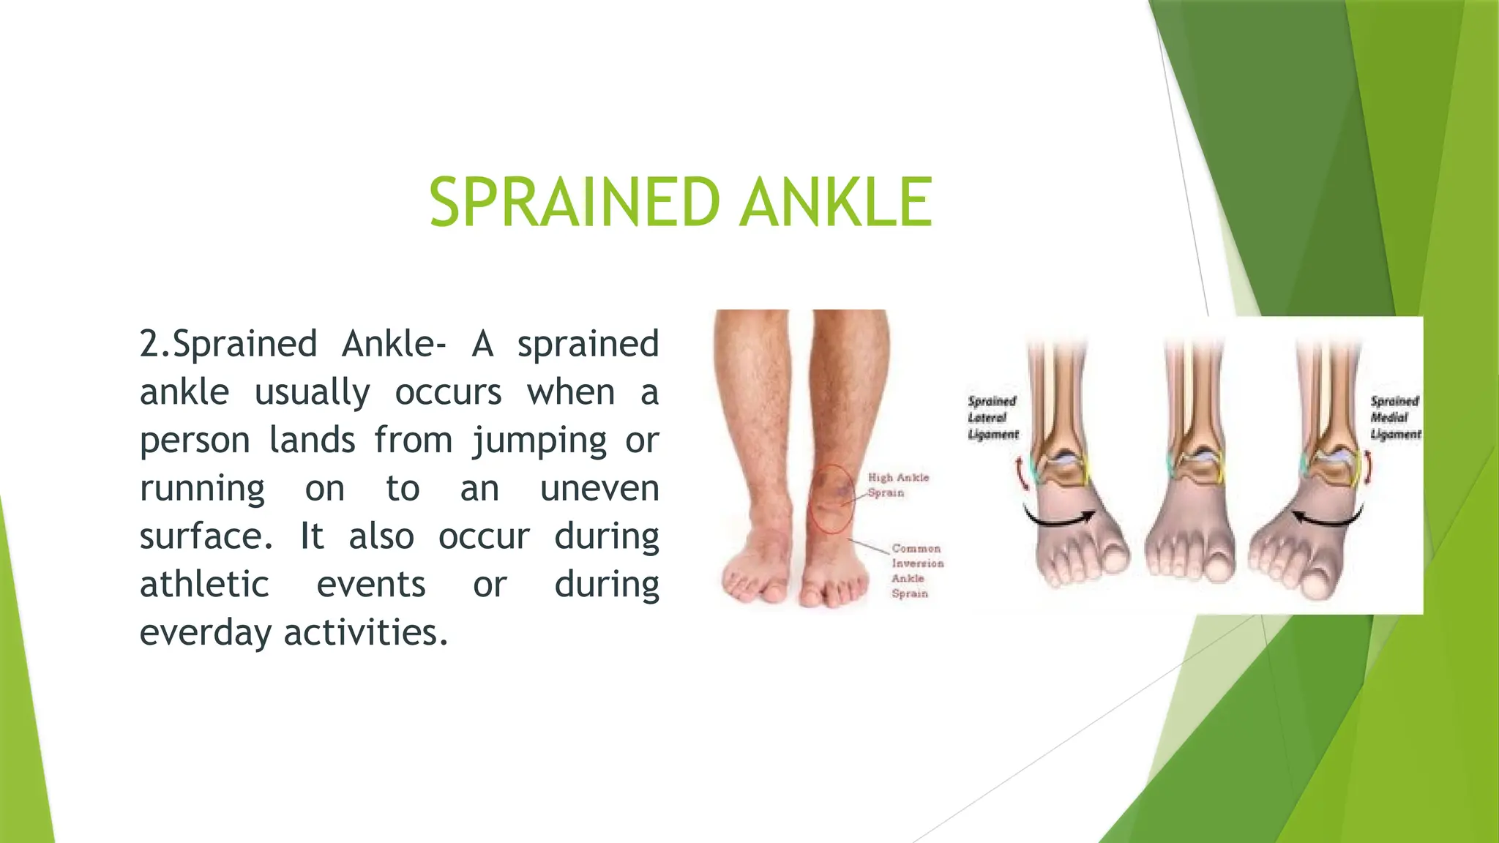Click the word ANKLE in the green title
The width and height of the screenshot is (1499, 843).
(x=836, y=203)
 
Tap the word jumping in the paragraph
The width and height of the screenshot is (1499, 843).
(x=539, y=441)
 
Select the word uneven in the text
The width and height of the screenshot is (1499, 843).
(x=599, y=488)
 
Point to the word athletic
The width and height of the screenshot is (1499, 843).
(x=204, y=585)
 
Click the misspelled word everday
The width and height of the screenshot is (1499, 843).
(x=205, y=633)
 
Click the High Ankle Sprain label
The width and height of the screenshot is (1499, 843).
(x=897, y=484)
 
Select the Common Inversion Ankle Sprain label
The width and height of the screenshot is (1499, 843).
(x=916, y=570)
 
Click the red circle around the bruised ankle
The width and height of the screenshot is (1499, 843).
(x=831, y=498)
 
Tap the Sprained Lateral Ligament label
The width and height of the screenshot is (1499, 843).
(x=993, y=418)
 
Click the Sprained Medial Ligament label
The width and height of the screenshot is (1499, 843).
(x=1395, y=418)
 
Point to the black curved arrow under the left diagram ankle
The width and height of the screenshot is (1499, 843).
(x=1058, y=518)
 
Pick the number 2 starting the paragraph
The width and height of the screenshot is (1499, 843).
(x=149, y=345)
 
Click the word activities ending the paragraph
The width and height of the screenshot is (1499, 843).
(x=365, y=633)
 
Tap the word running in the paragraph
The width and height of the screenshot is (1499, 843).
(x=203, y=488)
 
